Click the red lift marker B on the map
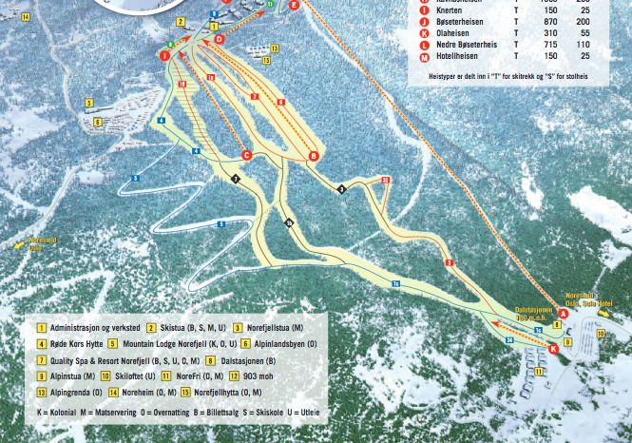(314, 156)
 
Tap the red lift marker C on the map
(246, 154)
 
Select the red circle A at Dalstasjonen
(563, 313)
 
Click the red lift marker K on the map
(554, 349)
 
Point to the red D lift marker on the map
(219, 40)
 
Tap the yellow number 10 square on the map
(600, 335)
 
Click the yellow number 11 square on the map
(539, 372)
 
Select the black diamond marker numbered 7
(236, 179)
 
